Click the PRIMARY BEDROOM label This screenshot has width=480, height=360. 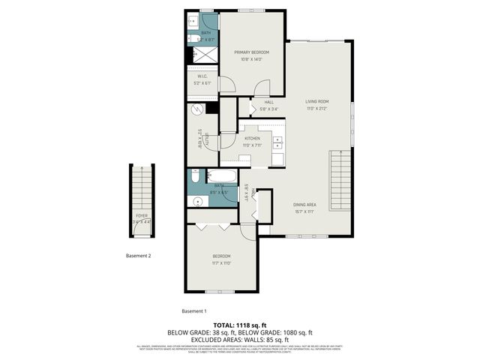251,52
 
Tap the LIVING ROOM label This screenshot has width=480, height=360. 316,101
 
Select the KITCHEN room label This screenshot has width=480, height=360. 253,139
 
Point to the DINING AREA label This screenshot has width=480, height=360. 304,203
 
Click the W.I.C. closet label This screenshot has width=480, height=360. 202,76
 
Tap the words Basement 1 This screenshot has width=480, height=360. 194,310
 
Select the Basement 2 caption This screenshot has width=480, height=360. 139,256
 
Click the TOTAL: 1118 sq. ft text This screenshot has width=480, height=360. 239,324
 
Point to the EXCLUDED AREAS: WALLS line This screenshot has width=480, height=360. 239,338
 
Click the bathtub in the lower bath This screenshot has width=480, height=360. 223,177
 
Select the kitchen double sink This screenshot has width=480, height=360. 277,143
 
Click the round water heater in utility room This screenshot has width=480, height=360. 197,109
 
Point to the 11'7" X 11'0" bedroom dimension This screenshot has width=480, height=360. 221,262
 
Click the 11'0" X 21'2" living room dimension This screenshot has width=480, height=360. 316,107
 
